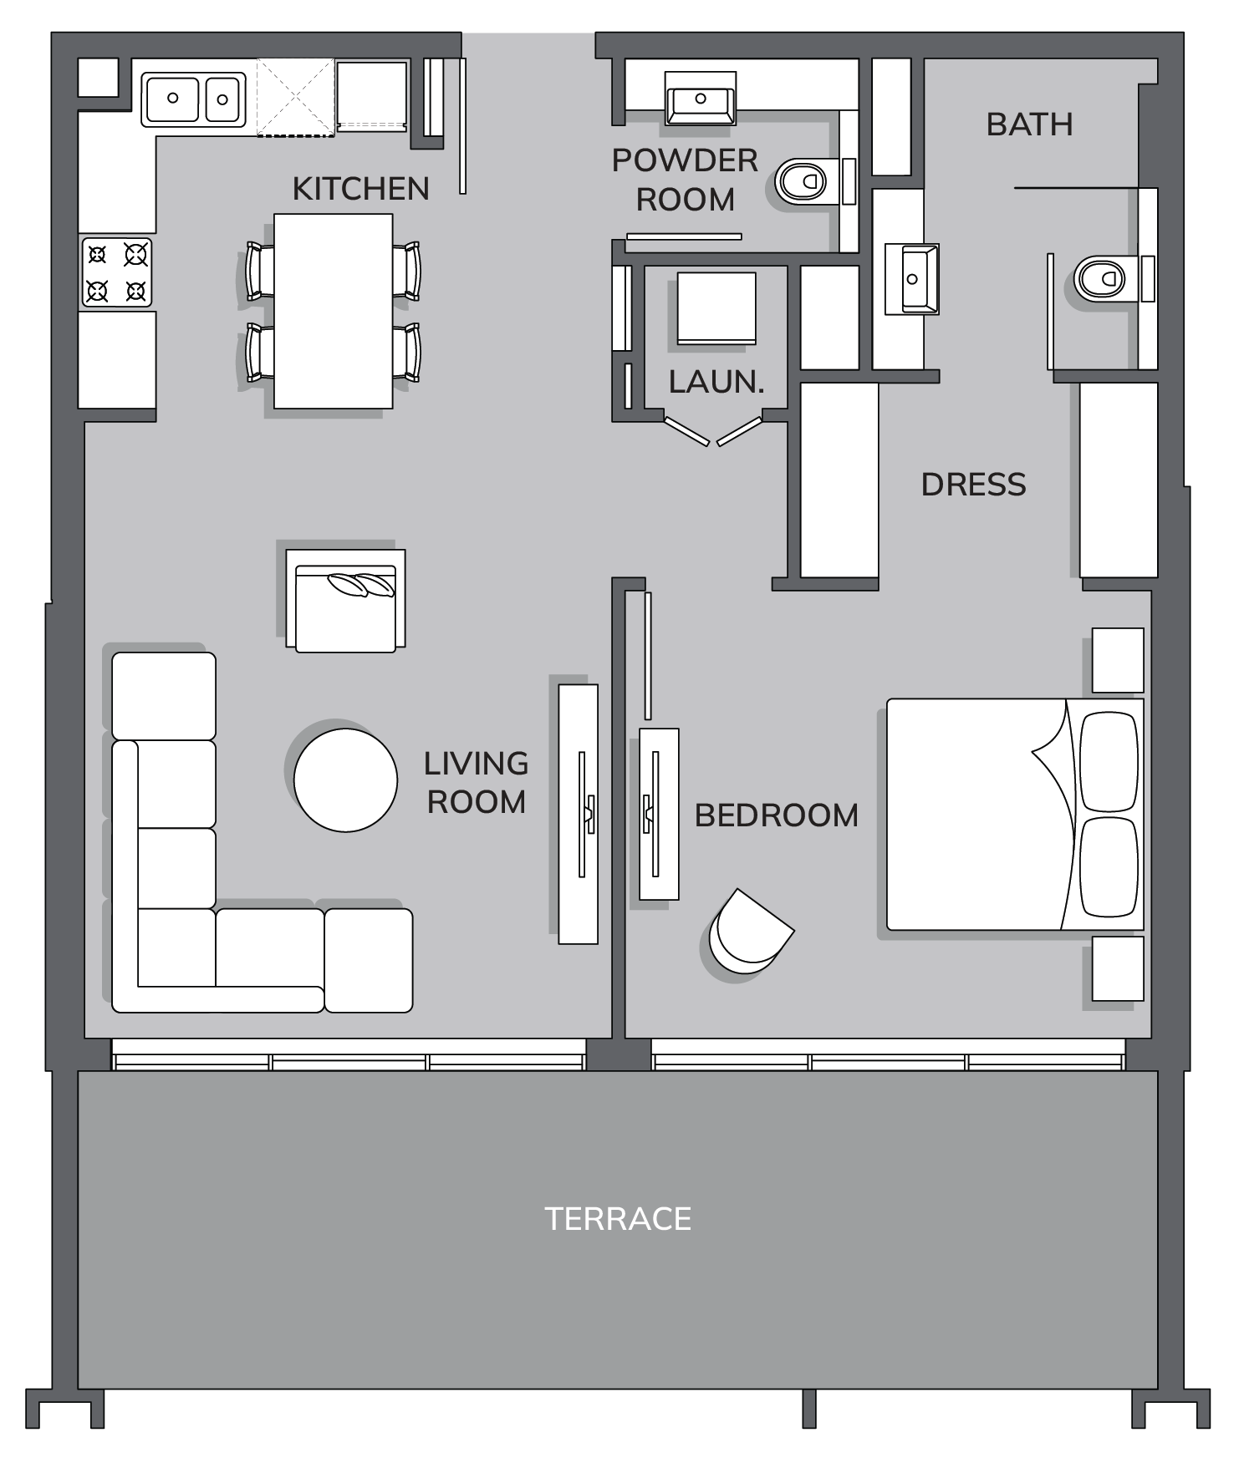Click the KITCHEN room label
(x=360, y=189)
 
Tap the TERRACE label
(x=618, y=1219)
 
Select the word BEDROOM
(x=777, y=815)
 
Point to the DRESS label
(x=973, y=485)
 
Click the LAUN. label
(x=716, y=382)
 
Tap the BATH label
(x=1029, y=124)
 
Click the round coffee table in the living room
(x=345, y=780)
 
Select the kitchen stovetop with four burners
(x=117, y=272)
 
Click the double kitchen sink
(x=193, y=99)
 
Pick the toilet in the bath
(x=1105, y=279)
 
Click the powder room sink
(x=701, y=99)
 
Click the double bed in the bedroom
(x=1015, y=815)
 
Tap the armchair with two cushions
(x=345, y=600)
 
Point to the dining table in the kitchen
(x=334, y=311)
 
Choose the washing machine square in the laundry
(x=716, y=308)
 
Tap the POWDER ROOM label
(x=686, y=180)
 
